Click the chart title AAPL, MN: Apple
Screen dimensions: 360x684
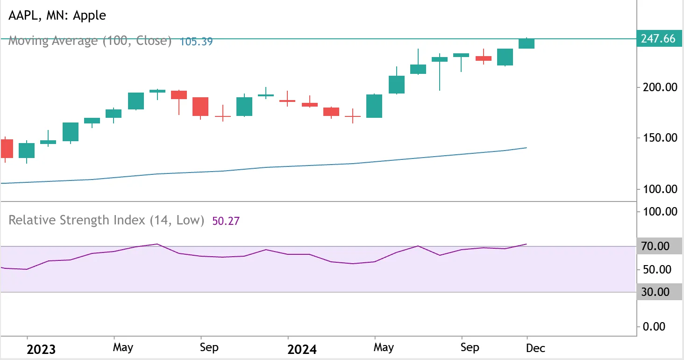click(57, 15)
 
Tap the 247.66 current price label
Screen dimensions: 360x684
click(658, 39)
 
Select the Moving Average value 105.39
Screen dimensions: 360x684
click(196, 41)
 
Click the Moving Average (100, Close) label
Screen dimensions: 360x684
click(90, 41)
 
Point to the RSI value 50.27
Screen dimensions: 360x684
click(226, 221)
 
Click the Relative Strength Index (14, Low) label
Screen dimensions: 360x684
click(107, 220)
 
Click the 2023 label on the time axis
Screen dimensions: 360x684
click(41, 349)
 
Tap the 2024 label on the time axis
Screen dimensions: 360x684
click(302, 349)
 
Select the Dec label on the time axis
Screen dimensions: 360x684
click(535, 348)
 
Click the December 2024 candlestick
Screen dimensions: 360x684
click(527, 43)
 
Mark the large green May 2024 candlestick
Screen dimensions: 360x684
click(374, 106)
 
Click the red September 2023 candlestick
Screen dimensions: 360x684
click(200, 107)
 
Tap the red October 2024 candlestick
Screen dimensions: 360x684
click(484, 58)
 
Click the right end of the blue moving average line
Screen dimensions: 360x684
click(527, 148)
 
